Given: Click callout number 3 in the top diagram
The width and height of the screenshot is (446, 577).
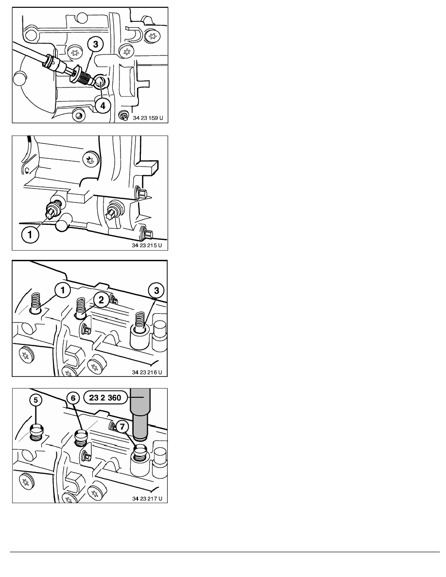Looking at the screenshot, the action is [x=96, y=45].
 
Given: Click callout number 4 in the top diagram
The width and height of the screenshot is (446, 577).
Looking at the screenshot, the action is [x=103, y=105].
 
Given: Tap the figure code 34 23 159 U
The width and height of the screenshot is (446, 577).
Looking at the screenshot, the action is [x=148, y=118].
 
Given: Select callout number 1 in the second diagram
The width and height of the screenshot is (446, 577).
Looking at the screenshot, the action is [x=30, y=235].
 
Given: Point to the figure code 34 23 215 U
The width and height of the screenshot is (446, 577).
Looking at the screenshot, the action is [x=147, y=245].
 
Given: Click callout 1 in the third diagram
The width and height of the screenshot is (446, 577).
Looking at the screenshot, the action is [x=63, y=290].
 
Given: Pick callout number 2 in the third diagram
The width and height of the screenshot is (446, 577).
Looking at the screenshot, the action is [x=101, y=300].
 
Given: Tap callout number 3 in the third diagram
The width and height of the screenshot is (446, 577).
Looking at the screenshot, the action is [x=156, y=290].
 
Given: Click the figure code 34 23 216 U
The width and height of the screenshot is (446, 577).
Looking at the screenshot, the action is [x=147, y=373].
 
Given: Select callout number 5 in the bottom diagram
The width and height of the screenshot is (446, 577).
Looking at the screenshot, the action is [x=35, y=400].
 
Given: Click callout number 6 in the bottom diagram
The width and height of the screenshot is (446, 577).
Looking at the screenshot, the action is [x=73, y=398].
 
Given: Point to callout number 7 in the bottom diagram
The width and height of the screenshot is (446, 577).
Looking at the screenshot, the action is [x=122, y=426].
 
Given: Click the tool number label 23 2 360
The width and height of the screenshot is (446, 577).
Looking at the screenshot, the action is [x=105, y=398].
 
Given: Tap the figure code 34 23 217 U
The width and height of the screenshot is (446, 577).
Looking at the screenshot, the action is [x=147, y=499].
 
